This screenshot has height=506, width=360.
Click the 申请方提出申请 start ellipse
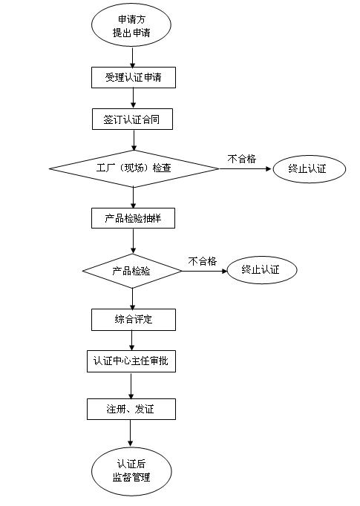[131, 25]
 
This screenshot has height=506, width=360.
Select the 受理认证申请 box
[134, 77]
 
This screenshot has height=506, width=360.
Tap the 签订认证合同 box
[132, 119]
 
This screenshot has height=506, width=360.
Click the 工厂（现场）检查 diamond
[134, 168]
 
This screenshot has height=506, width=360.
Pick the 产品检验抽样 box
[133, 218]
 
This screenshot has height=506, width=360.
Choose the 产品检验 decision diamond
[132, 271]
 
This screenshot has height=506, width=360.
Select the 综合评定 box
[134, 320]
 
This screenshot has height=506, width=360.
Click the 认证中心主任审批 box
[131, 361]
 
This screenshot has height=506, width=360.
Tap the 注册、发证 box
[131, 410]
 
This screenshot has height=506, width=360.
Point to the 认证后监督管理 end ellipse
[131, 471]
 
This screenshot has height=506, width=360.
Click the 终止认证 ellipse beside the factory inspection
[310, 168]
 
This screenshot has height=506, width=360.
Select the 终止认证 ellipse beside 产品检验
[262, 270]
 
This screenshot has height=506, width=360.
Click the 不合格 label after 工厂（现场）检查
[242, 159]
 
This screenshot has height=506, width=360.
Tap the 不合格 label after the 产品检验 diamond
[203, 261]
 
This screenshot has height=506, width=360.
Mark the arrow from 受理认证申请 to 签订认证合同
[133, 98]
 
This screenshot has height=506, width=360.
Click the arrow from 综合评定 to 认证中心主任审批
[131, 341]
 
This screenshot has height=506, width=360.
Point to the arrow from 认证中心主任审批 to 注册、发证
[131, 386]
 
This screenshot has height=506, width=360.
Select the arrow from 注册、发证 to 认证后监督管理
[131, 433]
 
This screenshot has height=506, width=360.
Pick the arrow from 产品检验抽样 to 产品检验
[133, 241]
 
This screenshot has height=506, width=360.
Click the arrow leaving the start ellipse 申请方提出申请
[132, 57]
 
